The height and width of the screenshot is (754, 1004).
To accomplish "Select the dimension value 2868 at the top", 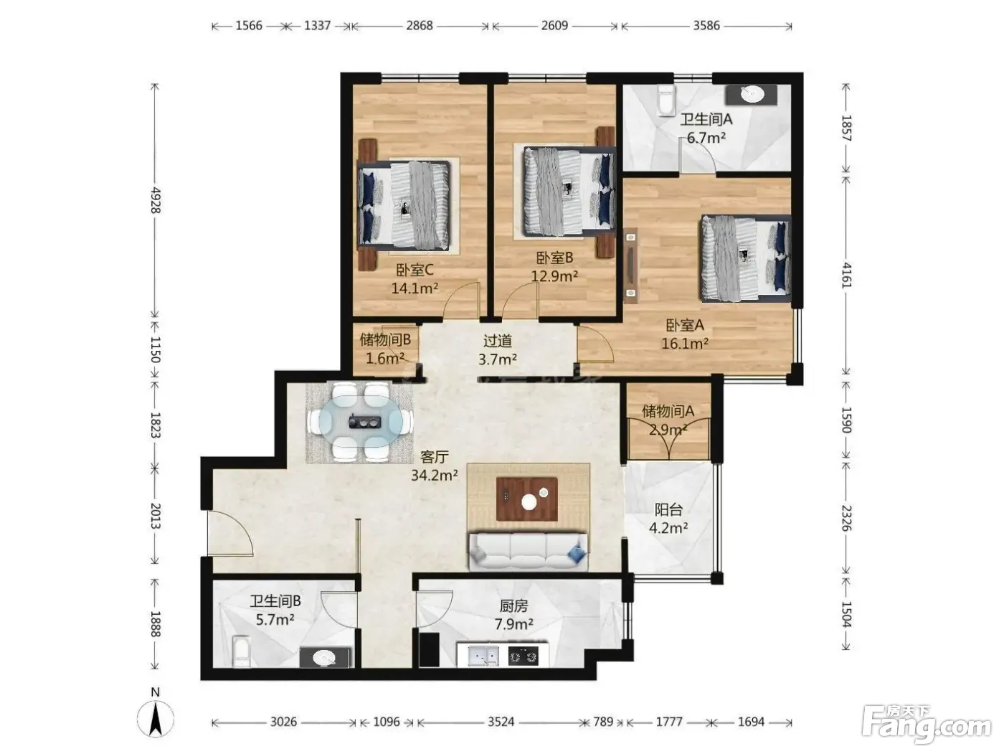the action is coord(419,26).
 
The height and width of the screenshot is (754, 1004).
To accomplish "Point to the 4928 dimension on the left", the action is coord(156,199).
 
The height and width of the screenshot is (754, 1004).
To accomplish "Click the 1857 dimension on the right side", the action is coord(847,128).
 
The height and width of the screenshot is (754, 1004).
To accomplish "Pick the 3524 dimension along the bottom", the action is coord(501,722).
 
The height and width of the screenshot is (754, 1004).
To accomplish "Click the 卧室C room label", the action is coord(415,270).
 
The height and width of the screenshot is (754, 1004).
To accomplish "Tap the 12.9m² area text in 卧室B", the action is coord(554,276).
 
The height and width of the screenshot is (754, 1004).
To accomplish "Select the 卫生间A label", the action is coord(706,119).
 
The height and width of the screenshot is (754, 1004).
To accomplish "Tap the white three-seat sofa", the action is coord(529,551).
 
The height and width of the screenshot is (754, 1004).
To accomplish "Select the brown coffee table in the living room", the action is coord(527,499).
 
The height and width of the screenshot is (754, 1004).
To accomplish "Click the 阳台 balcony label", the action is coord(668,509).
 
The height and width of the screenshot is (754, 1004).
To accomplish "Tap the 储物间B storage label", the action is coord(385,339).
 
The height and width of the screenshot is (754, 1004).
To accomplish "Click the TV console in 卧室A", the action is coord(631,266).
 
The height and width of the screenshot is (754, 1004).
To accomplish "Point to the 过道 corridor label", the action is coord(498,341).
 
